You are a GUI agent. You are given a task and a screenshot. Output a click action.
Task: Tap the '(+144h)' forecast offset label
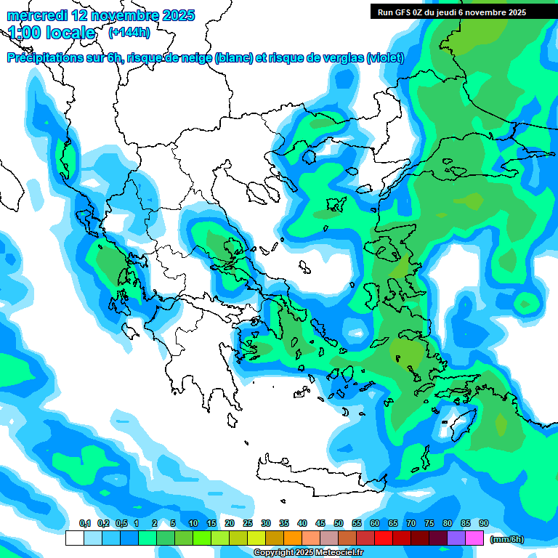129,33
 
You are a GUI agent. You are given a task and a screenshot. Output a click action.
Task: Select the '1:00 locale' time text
52,33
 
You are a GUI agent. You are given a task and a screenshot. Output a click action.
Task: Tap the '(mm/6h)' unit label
506,538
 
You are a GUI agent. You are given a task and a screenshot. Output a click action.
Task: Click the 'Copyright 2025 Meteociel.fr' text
308,553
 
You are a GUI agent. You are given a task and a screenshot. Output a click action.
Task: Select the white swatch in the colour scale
75,538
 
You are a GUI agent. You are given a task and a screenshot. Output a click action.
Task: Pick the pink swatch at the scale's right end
474,538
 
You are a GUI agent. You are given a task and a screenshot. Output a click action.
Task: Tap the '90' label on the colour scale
484,523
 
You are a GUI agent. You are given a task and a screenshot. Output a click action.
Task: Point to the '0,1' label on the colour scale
84,523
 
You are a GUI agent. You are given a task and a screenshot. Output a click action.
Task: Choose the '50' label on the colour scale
339,523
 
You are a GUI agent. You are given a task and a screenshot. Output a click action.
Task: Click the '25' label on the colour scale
248,523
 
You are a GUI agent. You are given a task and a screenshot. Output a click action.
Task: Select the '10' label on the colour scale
193,523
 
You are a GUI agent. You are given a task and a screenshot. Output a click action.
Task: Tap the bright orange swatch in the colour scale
293,538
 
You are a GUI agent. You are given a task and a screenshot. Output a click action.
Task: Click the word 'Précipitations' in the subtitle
44,58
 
